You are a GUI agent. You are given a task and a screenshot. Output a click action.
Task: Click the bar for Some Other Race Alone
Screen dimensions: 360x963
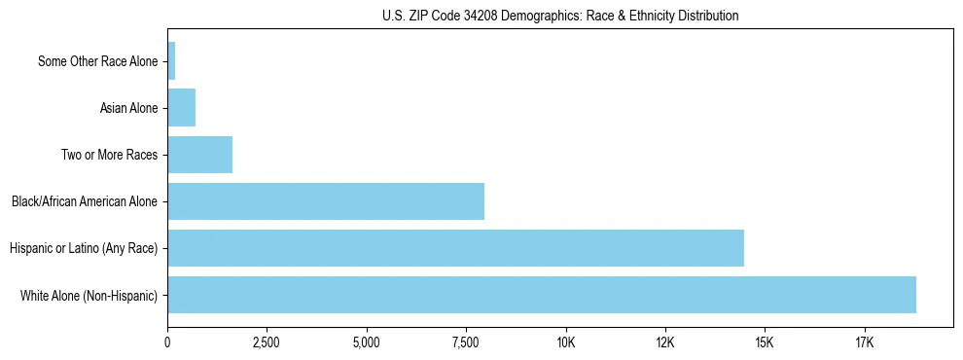coord(171,61)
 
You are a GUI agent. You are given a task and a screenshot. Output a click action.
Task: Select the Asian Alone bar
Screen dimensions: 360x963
coord(182,108)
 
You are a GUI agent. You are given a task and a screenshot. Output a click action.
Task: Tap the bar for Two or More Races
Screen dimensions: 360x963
coord(200,155)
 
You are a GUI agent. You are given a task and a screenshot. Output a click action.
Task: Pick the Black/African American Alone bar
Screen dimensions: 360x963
coord(326,201)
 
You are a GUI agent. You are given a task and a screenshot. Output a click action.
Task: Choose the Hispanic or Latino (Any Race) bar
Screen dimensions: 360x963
coord(456,248)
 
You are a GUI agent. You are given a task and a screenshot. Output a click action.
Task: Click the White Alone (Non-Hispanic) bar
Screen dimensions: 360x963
coord(542,295)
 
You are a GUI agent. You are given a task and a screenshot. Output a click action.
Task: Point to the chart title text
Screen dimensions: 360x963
coord(560,17)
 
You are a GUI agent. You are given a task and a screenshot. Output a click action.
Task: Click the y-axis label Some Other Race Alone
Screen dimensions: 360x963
coord(97,61)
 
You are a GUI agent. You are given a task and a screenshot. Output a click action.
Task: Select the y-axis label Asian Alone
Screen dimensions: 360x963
coord(128,108)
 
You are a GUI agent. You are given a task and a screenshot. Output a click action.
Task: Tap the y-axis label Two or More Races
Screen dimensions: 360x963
coord(109,155)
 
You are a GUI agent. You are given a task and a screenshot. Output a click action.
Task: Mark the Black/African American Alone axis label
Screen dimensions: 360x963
coord(85,201)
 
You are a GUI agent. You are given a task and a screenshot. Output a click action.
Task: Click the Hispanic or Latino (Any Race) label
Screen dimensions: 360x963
coord(84,248)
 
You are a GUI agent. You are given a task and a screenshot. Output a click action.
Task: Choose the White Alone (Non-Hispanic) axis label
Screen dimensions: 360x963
coord(89,295)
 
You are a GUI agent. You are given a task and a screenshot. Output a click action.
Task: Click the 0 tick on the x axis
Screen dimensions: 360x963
coord(168,342)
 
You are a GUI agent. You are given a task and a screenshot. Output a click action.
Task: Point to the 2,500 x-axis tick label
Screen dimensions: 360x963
coord(267,342)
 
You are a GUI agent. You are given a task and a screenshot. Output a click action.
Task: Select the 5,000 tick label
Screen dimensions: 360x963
coord(367,342)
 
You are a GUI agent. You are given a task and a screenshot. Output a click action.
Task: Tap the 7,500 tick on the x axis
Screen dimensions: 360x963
coord(466,342)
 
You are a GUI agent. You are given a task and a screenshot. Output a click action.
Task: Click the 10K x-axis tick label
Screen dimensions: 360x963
coord(565,342)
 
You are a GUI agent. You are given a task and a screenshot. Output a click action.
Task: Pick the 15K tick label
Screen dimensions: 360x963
coord(765,342)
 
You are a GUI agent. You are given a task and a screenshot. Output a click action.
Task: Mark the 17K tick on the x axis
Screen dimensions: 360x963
coord(864,342)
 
